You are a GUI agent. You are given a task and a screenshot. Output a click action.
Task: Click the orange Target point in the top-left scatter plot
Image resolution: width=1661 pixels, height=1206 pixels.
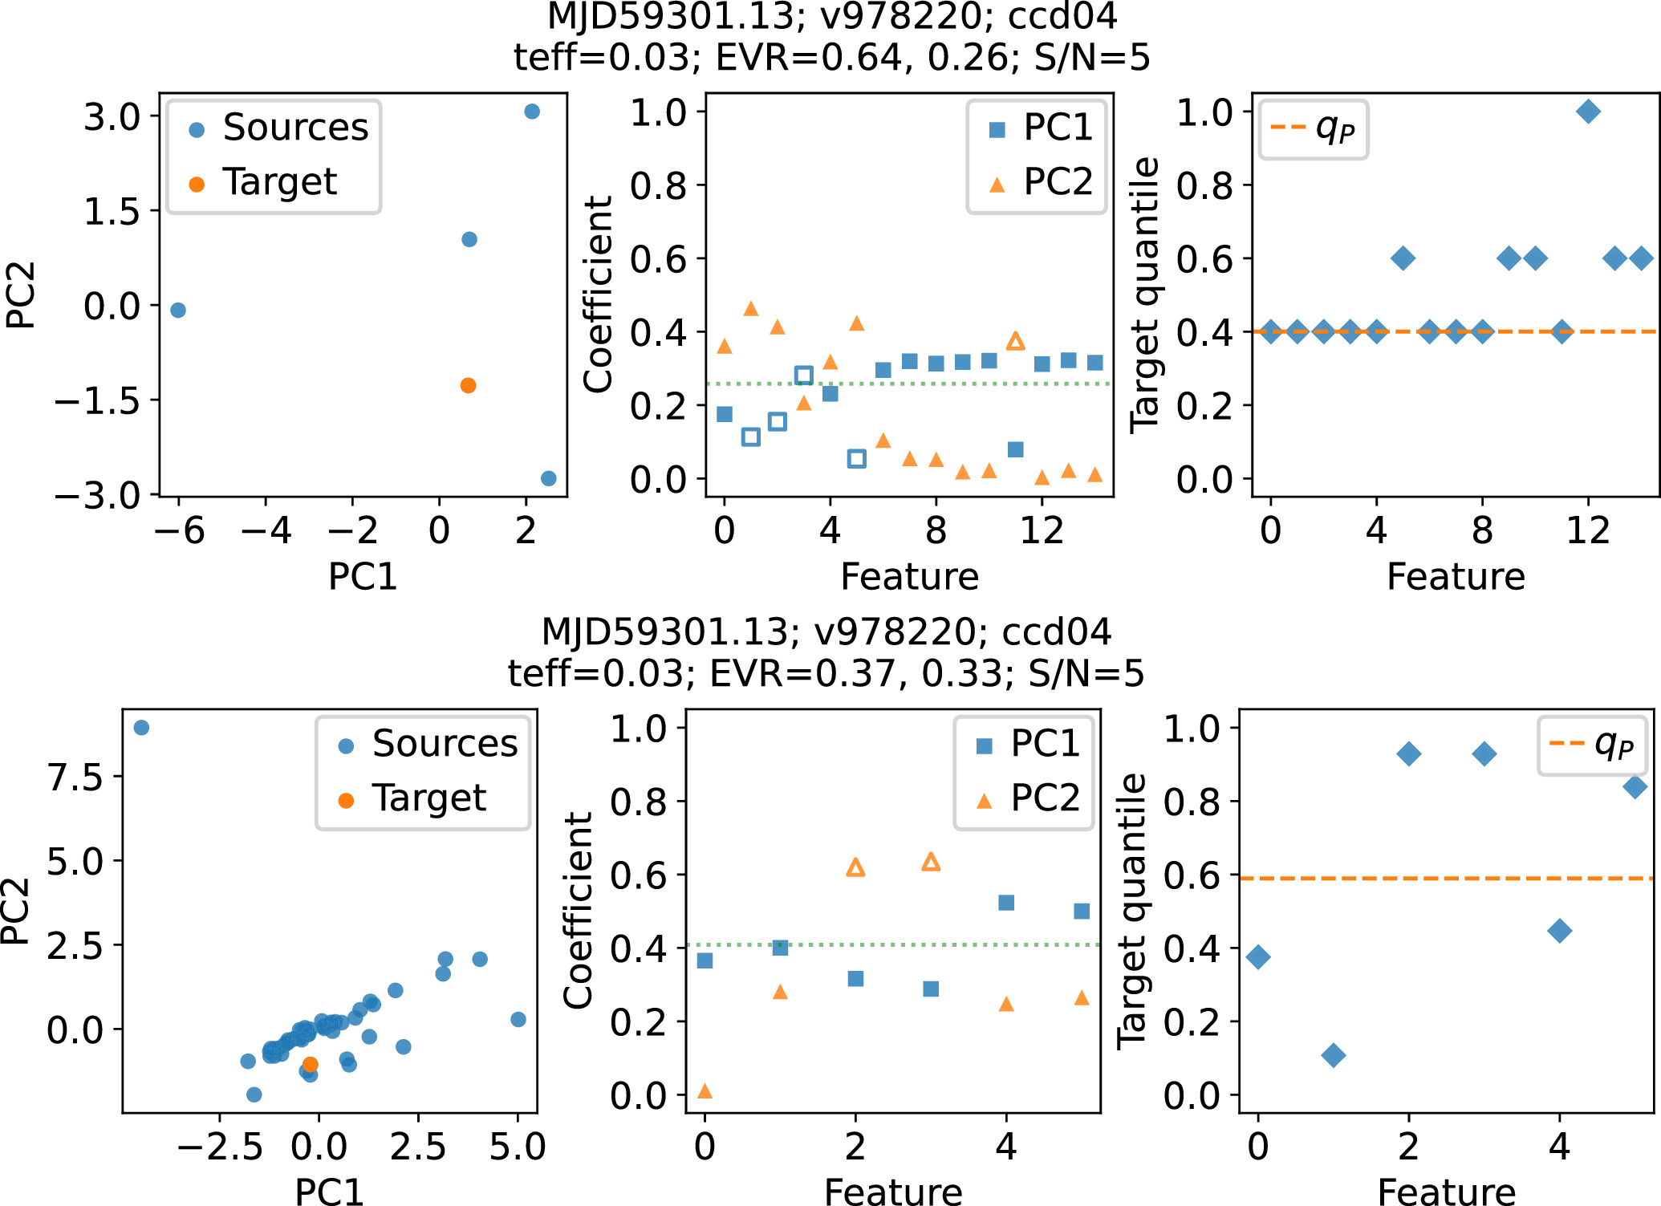pyautogui.click(x=468, y=385)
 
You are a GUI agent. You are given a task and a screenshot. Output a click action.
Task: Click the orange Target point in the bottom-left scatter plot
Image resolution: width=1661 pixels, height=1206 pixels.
pyautogui.click(x=310, y=1064)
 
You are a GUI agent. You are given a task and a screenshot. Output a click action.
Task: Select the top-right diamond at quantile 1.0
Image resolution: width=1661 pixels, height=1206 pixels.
pyautogui.click(x=1588, y=112)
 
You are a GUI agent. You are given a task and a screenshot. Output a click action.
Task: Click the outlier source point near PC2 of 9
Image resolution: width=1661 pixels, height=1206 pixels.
pyautogui.click(x=141, y=728)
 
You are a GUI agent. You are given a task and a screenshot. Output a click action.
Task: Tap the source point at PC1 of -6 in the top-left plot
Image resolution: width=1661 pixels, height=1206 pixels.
pyautogui.click(x=178, y=310)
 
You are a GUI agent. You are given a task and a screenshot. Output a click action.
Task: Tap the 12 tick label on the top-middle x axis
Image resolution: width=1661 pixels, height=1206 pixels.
pyautogui.click(x=1042, y=531)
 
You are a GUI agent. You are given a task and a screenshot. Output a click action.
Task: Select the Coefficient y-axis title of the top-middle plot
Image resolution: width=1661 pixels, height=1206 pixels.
pyautogui.click(x=598, y=294)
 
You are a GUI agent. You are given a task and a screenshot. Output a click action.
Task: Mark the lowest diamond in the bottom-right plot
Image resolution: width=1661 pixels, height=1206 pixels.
pyautogui.click(x=1333, y=1055)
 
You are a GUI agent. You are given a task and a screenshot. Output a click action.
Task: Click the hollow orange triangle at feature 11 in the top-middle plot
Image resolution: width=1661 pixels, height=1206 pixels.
pyautogui.click(x=1015, y=341)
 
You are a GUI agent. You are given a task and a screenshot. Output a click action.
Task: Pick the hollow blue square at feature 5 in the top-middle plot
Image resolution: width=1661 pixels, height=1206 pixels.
pyautogui.click(x=856, y=459)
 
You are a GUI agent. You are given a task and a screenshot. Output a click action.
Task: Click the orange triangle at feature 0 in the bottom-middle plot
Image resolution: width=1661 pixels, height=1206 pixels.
pyautogui.click(x=705, y=1090)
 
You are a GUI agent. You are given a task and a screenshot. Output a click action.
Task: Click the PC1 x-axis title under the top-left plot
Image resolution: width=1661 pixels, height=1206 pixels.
pyautogui.click(x=363, y=577)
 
